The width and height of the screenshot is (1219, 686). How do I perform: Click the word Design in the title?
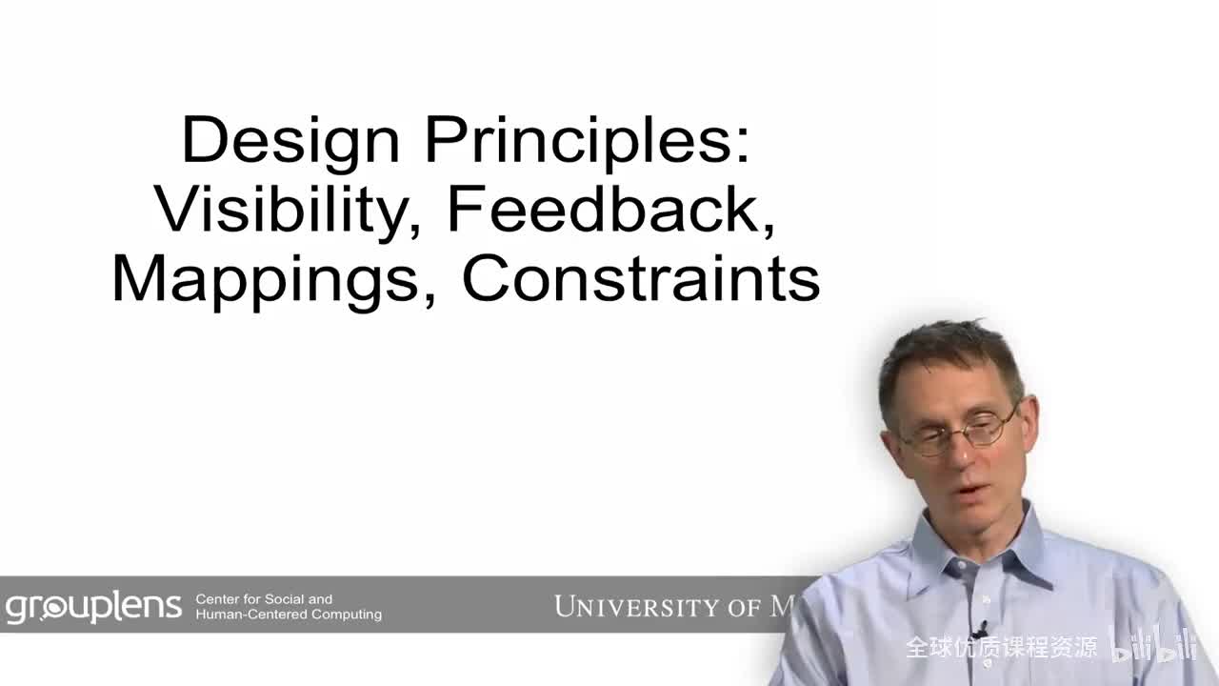coord(290,141)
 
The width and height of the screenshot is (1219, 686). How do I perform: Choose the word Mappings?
coord(266,279)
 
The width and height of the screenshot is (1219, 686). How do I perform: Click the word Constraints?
coord(640,279)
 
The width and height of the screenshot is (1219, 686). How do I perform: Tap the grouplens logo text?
coord(92,607)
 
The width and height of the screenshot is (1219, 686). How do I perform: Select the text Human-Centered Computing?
coord(289,615)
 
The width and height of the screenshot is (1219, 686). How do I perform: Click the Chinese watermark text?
coord(1001,648)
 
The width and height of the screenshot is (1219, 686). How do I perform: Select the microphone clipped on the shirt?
coord(980,630)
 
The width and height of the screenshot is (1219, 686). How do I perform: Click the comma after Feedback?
coord(767,227)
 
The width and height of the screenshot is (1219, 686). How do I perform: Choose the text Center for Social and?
coord(264,599)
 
